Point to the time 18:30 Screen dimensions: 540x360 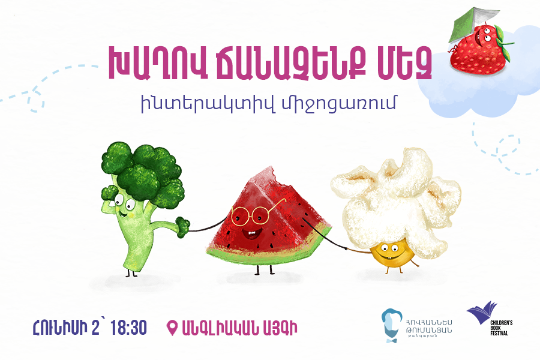(x=128, y=328)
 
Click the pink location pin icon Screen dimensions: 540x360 (x=172, y=328)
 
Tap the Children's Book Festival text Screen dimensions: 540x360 (x=501, y=328)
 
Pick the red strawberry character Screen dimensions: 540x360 (x=478, y=49)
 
